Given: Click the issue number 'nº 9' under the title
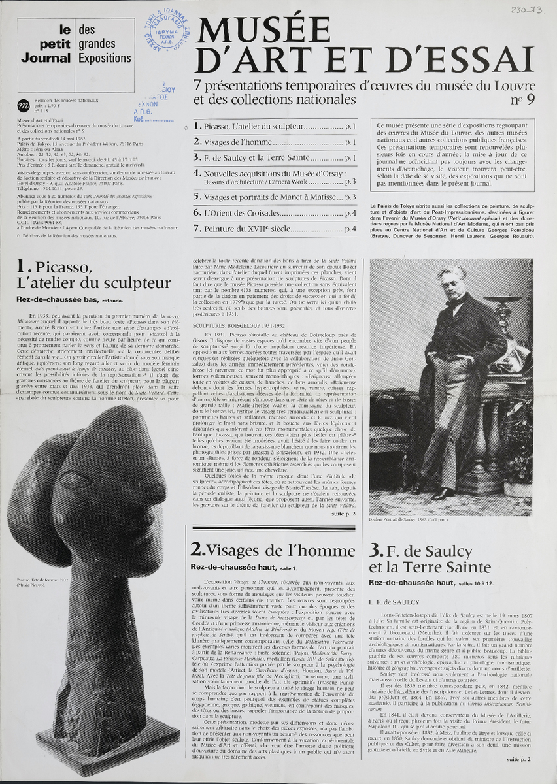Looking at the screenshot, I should point(525,99).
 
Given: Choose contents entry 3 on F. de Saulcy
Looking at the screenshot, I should point(275,157).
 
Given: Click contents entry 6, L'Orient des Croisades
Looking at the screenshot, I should point(275,213).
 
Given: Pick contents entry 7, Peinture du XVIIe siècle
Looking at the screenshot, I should point(275,229).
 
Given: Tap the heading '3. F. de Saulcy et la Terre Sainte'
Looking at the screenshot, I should point(429,558).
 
